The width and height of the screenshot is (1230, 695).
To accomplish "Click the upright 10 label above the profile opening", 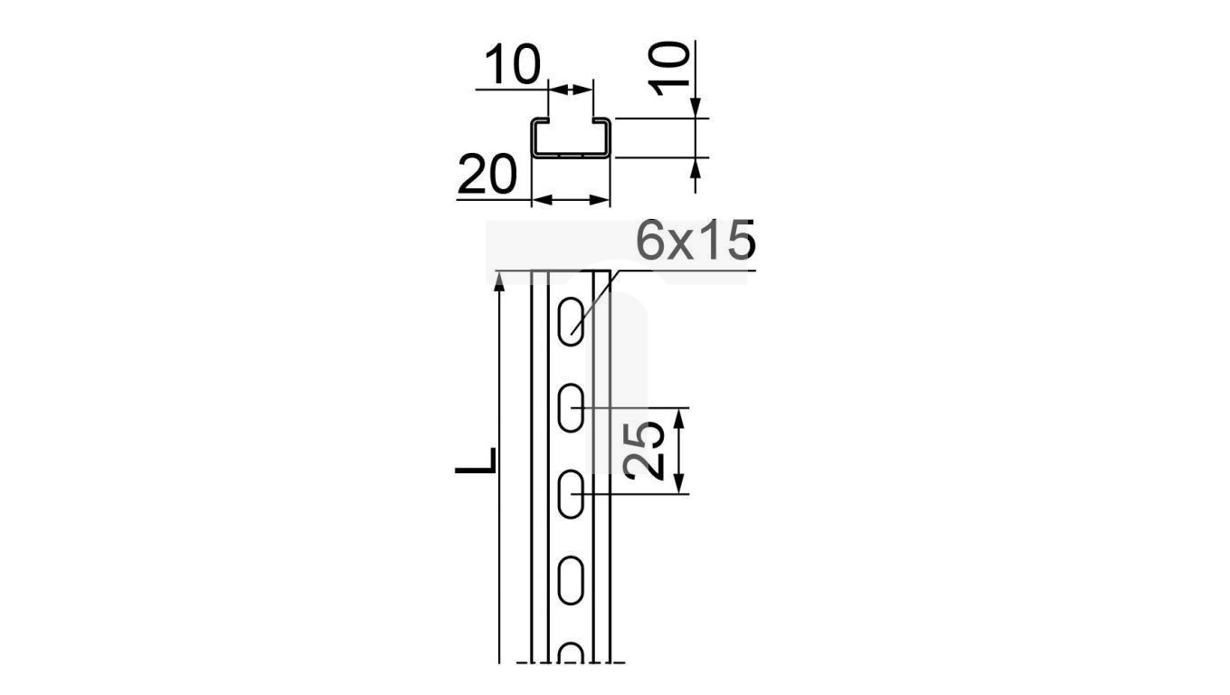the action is tap(513, 64).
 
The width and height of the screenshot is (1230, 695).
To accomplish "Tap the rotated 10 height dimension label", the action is tap(668, 69).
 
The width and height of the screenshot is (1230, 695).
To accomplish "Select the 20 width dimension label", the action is tap(487, 174).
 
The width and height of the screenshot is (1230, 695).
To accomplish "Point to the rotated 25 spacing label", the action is tap(644, 451).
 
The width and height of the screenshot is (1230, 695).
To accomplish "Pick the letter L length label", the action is tap(476, 461).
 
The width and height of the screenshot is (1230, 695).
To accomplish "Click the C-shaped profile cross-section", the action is tap(571, 138).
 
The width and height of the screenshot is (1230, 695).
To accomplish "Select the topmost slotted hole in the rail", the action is tap(571, 322).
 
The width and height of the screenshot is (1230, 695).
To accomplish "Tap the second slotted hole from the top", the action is tap(571, 407).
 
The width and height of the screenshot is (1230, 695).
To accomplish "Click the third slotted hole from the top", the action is tap(571, 494).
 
